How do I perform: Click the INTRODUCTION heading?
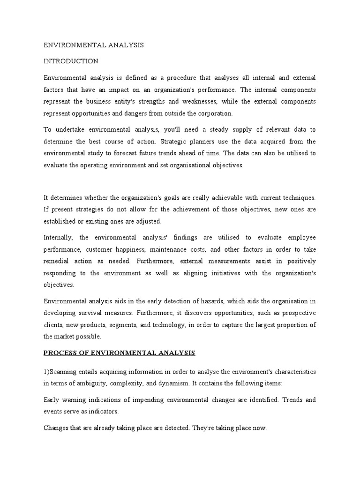[71, 61]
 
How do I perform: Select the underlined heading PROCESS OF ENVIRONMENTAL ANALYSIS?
[120, 352]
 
